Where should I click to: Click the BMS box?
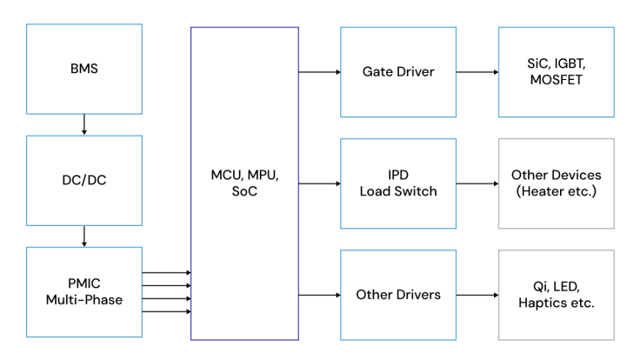point(84,69)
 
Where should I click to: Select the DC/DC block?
point(84,180)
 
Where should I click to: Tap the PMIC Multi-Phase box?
point(84,292)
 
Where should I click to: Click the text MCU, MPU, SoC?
point(244,183)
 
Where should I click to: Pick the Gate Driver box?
point(398,71)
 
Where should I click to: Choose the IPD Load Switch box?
point(398,183)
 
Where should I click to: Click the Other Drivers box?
point(398,295)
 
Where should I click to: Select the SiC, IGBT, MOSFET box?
point(556,71)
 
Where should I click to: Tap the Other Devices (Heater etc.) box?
point(556,183)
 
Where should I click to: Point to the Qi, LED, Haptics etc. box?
point(556,295)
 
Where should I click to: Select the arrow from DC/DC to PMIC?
point(84,236)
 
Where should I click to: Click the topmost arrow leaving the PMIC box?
point(166,273)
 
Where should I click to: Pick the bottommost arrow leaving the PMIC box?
point(166,310)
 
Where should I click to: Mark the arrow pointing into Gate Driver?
point(319,71)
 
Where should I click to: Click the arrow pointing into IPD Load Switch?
point(319,183)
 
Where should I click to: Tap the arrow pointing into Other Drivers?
point(319,295)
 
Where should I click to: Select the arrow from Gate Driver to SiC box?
point(477,71)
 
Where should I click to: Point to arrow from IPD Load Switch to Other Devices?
point(477,183)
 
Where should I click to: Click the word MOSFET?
point(556,80)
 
